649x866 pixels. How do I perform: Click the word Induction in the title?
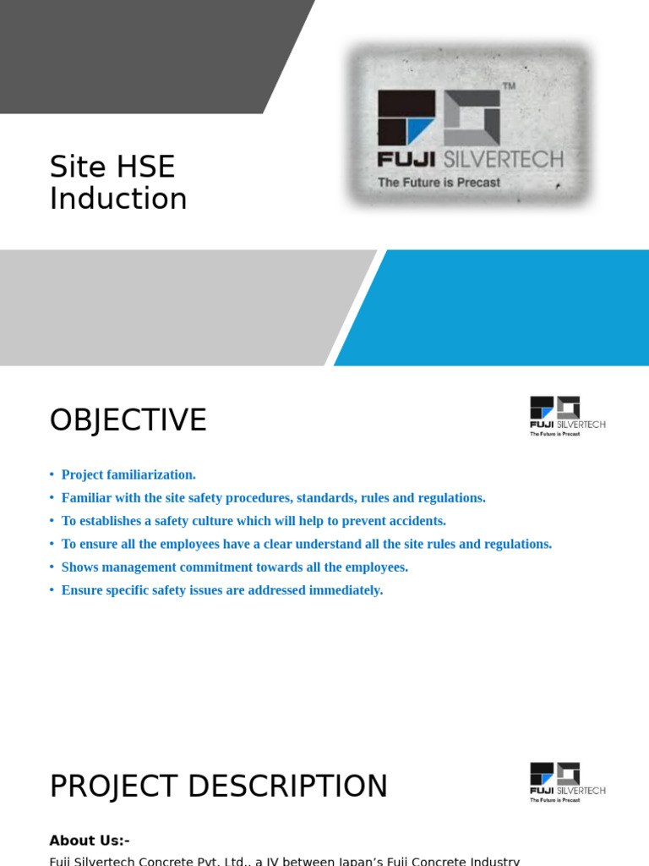[118, 200]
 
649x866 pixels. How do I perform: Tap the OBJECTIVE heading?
[128, 420]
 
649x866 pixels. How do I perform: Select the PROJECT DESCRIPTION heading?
[218, 787]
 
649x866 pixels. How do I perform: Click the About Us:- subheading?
[90, 841]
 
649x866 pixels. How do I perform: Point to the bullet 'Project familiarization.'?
[128, 475]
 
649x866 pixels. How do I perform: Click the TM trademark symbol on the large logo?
[509, 86]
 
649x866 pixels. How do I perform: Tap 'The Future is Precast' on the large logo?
[439, 183]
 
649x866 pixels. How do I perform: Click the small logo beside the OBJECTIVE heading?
[567, 415]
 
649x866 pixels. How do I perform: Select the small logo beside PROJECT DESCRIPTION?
[567, 781]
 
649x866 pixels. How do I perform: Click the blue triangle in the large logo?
[419, 131]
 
